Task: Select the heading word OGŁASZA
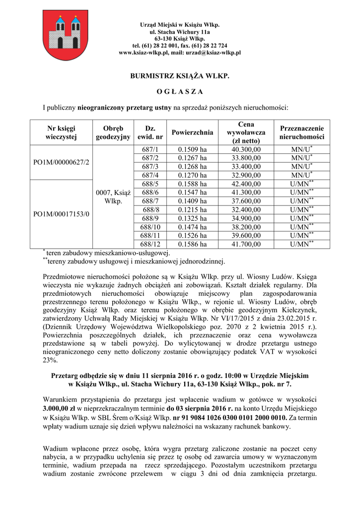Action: coord(180,92)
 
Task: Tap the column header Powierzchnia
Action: coord(193,132)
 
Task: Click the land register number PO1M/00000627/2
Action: coord(61,162)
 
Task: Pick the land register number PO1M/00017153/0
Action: coord(61,214)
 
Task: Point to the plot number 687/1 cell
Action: coord(150,149)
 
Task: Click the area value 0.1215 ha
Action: coord(193,209)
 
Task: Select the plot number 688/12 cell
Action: coord(150,244)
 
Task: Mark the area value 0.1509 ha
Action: coord(193,149)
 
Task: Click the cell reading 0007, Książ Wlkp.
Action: coord(113,197)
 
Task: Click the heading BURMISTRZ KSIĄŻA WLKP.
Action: coord(180,76)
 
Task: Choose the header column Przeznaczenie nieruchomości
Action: coord(301,132)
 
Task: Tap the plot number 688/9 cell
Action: coord(150,218)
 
